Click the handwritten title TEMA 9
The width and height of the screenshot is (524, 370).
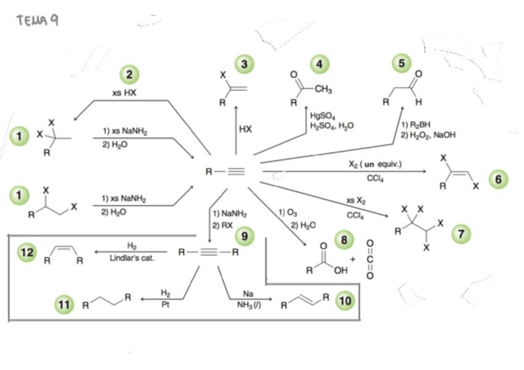[x=38, y=21]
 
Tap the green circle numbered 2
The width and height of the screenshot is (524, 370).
[x=129, y=75]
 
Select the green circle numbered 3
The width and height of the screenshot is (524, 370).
[x=245, y=64]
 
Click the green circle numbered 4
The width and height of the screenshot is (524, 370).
[x=319, y=64]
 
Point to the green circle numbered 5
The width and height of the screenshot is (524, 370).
[x=402, y=63]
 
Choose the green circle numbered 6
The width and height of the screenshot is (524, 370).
[x=499, y=179]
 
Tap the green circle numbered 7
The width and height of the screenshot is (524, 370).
[x=461, y=233]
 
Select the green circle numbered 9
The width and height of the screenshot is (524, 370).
[x=245, y=235]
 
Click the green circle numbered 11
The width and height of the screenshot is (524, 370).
[x=65, y=304]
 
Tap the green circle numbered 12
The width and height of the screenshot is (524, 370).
[x=27, y=252]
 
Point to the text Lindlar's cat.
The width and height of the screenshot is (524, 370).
[x=132, y=258]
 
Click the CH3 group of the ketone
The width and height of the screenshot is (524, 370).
[x=323, y=90]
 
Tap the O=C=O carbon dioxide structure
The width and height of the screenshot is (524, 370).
[x=370, y=259]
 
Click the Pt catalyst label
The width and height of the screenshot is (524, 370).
[x=165, y=304]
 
